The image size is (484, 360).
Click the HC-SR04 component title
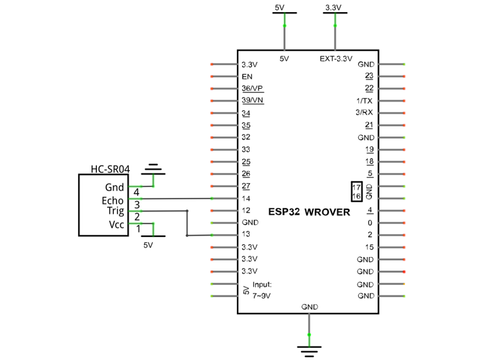tap(110, 169)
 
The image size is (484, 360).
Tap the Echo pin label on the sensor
tap(112, 201)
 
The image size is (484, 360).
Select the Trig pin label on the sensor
tap(115, 211)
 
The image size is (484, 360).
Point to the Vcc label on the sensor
tap(116, 225)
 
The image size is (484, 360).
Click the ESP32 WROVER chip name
tap(309, 212)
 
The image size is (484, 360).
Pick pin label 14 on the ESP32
tap(246, 199)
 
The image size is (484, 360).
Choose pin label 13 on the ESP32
tap(246, 234)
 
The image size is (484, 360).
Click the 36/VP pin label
tap(252, 89)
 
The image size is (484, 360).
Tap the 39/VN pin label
tap(252, 100)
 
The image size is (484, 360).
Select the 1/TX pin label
tap(364, 101)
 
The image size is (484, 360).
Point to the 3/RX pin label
tap(364, 112)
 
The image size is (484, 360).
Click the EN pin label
tap(247, 77)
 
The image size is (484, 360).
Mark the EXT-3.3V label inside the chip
tap(336, 59)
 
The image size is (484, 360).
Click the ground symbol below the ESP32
tap(309, 351)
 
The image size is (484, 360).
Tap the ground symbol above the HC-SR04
tap(153, 170)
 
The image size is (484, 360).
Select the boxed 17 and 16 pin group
tap(357, 192)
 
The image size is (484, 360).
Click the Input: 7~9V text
tap(262, 290)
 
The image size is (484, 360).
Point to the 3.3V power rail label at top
tap(333, 7)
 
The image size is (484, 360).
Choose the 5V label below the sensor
tap(148, 245)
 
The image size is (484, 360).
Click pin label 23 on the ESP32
tap(369, 76)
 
